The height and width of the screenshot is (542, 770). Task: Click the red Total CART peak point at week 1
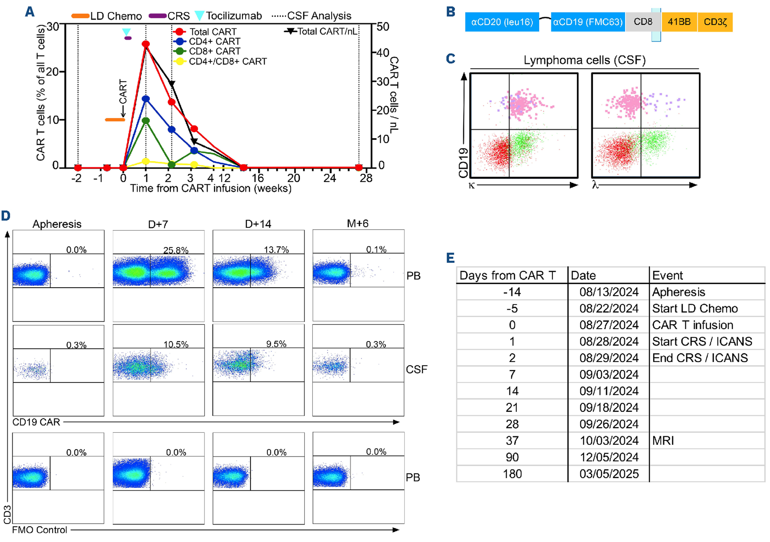click(146, 44)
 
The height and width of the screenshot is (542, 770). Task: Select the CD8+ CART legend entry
click(214, 51)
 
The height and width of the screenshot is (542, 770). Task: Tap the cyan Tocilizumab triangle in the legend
click(199, 16)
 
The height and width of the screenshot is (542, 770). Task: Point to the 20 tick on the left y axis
click(53, 72)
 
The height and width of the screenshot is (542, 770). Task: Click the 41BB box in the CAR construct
click(679, 22)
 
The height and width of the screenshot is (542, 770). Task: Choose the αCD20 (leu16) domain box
click(502, 22)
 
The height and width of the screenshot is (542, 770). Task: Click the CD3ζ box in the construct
click(715, 22)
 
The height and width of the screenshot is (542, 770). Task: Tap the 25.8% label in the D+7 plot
click(176, 250)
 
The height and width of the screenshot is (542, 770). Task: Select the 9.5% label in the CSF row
click(276, 344)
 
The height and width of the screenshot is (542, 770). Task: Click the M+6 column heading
click(357, 223)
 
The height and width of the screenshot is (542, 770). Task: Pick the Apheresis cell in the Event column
click(678, 292)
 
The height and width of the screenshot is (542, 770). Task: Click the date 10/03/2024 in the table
click(609, 440)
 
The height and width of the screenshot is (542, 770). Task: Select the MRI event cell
click(663, 440)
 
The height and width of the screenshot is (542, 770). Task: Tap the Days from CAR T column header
click(508, 275)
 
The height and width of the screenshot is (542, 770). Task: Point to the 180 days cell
click(512, 474)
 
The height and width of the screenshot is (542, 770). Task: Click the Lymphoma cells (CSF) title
click(584, 60)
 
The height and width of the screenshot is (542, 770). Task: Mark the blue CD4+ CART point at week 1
click(146, 99)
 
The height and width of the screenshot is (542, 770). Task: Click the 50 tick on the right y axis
click(383, 27)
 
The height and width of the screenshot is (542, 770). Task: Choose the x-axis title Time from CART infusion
click(211, 188)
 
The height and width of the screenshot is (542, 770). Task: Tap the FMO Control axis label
click(40, 530)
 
